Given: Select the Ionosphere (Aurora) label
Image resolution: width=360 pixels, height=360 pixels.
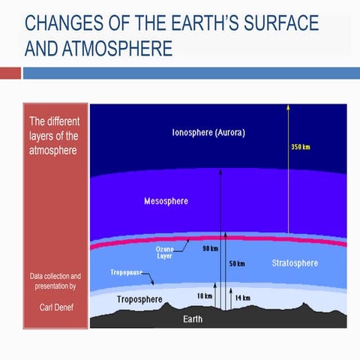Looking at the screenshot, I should coord(208,132).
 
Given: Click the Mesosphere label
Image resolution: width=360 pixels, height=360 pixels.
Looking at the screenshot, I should coord(166,202).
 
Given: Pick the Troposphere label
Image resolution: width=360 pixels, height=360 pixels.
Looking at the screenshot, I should coord(139,299).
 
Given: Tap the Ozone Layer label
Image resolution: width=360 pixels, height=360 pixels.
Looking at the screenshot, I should coord(164,252).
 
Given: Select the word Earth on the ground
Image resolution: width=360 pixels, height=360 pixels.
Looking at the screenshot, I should coord(193,319).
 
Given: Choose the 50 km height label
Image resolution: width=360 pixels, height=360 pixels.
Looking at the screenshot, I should coord(237,264).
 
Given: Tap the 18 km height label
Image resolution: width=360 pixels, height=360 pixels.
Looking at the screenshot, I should coord(204,297).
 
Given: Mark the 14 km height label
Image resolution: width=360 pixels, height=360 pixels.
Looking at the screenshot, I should coord(242,298).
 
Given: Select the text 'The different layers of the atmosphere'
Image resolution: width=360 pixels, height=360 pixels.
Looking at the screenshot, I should coord(53,136).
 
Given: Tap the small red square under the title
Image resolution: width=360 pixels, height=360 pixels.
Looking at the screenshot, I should coord(10,73).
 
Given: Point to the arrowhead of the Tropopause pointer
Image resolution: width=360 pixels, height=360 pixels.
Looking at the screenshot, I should coord(155,285).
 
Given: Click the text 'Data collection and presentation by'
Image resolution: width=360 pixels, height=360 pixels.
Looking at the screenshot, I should coord(55,281).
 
